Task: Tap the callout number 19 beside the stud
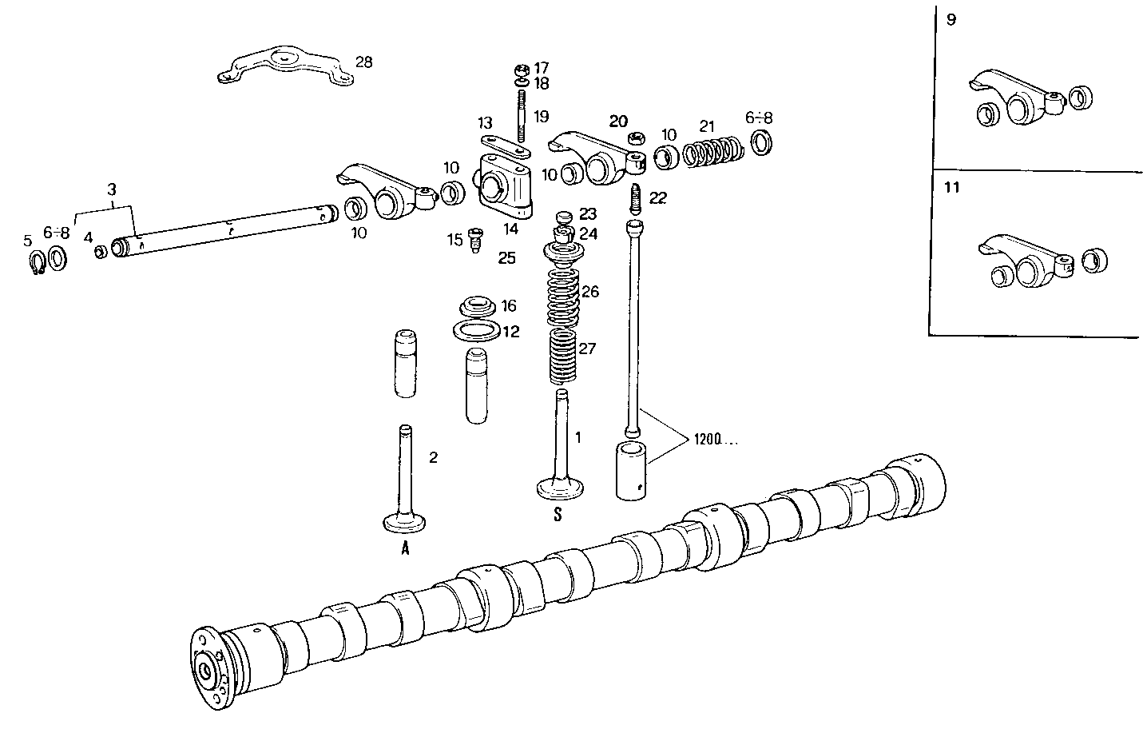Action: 541,117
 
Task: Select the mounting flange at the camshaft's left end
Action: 208,667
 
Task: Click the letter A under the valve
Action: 405,548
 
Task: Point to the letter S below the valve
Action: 558,516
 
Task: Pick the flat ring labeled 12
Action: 478,330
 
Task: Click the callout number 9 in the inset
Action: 951,20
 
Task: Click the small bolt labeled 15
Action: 475,239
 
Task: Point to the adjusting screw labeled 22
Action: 637,196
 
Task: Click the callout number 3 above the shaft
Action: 112,189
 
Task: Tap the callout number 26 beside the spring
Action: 589,292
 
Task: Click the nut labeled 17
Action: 520,69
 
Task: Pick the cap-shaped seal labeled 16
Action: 477,307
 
